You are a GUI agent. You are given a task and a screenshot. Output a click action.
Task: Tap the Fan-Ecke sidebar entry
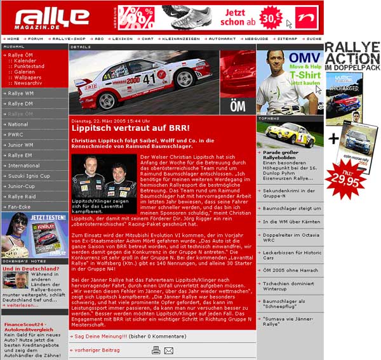point(20,206)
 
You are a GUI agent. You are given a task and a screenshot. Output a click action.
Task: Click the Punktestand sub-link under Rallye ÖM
point(29,66)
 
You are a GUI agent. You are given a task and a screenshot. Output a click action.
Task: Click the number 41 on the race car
point(149,79)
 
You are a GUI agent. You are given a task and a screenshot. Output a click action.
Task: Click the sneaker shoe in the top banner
point(194,17)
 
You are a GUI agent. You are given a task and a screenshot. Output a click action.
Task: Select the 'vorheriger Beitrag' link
point(96,349)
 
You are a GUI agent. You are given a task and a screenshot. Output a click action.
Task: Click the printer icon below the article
point(156,350)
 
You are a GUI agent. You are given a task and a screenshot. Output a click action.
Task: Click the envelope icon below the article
point(168,350)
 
